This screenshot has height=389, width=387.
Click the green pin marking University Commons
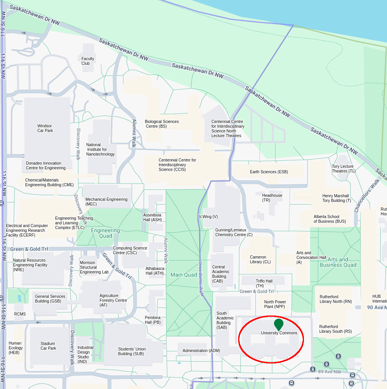(279, 325)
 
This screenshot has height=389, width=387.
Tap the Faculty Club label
(88, 61)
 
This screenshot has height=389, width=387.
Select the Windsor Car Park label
(45, 128)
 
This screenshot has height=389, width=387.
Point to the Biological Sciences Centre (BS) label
(162, 124)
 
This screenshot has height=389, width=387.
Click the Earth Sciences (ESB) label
(269, 172)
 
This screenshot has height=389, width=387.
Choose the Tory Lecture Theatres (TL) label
(343, 169)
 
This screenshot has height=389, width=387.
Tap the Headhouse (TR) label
(272, 198)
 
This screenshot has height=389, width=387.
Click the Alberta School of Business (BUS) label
(330, 219)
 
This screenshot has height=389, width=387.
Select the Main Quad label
(183, 275)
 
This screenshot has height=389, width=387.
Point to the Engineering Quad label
(106, 233)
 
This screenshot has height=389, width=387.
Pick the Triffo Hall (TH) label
(264, 283)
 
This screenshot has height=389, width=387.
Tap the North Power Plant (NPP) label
(275, 304)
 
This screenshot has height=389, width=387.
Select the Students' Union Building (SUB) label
(132, 351)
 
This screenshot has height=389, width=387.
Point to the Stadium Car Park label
(48, 346)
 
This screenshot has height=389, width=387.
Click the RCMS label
(20, 314)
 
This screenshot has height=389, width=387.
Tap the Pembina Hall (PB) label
(153, 320)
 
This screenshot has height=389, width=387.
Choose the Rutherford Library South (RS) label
(335, 329)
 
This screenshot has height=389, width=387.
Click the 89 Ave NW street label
(330, 372)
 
